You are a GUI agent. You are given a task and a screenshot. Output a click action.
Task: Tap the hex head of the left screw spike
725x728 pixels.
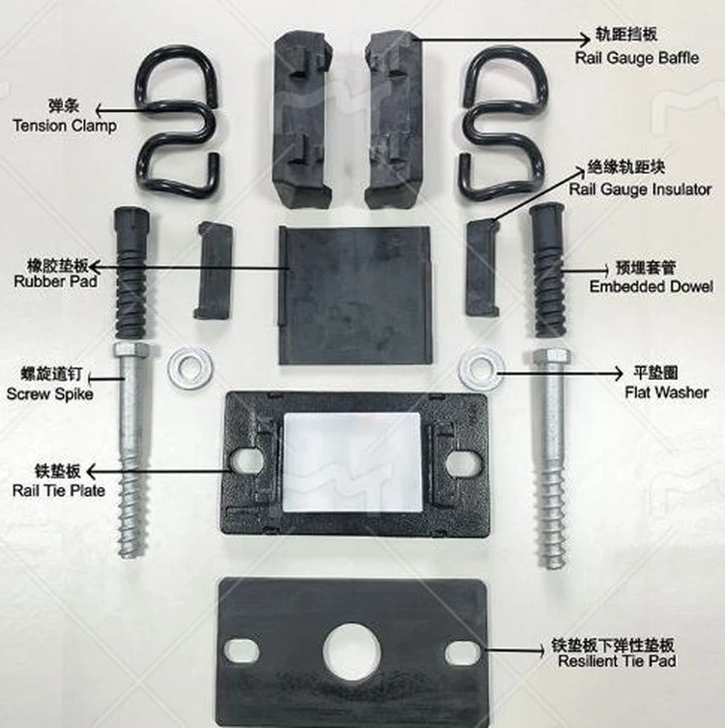click(130, 355)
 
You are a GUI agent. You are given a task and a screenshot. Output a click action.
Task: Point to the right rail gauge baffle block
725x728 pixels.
click(394, 121)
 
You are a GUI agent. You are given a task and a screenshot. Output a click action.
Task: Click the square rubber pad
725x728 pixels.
click(354, 295)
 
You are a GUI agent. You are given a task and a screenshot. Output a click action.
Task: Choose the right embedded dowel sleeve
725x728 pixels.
click(547, 256)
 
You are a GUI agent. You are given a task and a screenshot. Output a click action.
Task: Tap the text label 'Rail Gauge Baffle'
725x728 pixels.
click(636, 58)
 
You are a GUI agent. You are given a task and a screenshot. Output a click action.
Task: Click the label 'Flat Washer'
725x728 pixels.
click(665, 393)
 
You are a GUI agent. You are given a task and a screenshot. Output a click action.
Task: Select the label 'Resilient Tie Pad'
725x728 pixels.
click(617, 661)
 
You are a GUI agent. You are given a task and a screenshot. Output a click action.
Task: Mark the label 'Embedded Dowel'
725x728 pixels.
click(651, 287)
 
